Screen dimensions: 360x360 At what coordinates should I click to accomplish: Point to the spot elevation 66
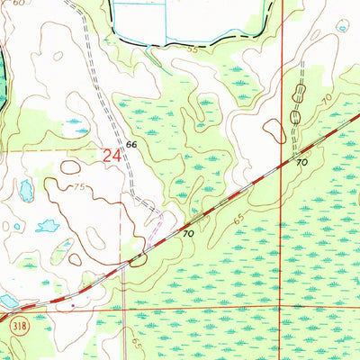(131, 144)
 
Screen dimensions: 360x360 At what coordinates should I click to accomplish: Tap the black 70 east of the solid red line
(301, 163)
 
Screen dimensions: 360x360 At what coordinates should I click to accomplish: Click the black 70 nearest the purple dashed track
(188, 233)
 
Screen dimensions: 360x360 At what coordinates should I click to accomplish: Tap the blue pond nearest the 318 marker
(7, 300)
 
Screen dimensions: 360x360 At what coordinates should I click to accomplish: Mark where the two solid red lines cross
(282, 309)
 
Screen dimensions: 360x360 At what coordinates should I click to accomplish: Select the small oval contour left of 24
(70, 167)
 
